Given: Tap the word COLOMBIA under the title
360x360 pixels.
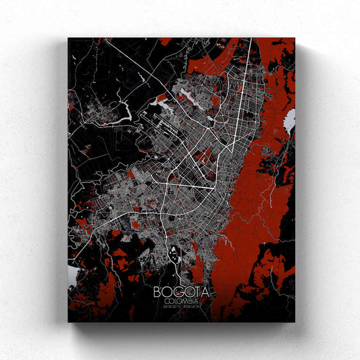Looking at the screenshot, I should (181, 302).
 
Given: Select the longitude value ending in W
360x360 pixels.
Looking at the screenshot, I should (194, 308).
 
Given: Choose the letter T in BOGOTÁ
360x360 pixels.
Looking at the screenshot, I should (195, 292).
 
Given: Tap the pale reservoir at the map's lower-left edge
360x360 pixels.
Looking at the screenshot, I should (73, 269).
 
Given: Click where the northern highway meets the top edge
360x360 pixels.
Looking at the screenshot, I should (251, 39).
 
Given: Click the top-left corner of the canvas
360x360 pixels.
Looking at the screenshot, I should (68, 38).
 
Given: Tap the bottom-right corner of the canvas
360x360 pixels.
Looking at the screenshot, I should (295, 322).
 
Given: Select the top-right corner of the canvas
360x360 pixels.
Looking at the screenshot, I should (295, 38).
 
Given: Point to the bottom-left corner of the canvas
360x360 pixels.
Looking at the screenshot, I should (68, 322).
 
